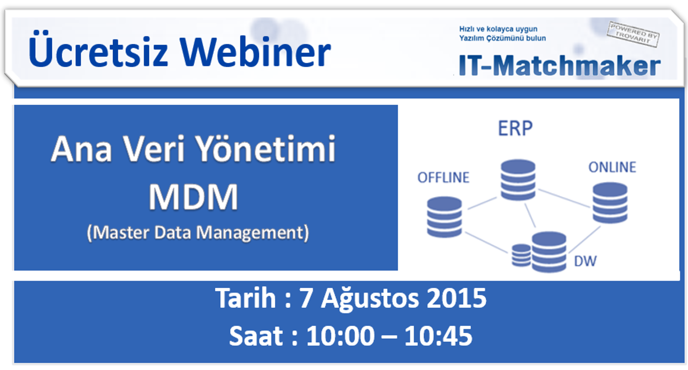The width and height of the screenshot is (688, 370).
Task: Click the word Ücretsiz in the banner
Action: coord(98,49)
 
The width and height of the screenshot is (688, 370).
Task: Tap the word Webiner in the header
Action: coord(255,51)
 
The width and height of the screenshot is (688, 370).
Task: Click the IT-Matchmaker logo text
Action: coord(560,65)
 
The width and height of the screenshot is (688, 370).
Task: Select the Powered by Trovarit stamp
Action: coord(633,34)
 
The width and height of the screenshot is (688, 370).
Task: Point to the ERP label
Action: coord(515,128)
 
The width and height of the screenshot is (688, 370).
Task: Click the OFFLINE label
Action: coord(443,177)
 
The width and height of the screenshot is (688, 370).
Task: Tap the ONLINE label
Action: coord(612,167)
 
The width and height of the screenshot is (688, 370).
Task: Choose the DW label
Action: coord(585,261)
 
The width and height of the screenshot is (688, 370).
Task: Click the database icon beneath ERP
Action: coord(518,180)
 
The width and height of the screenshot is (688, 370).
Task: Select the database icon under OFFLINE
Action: coord(444,217)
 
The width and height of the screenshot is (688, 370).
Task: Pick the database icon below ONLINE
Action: coord(610,203)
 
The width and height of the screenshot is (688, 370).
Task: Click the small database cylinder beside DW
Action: coord(521,255)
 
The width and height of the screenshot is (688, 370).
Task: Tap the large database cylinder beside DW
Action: coord(549,252)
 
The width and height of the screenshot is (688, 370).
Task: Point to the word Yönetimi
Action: coord(266,149)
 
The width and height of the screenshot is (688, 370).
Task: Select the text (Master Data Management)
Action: coord(198,233)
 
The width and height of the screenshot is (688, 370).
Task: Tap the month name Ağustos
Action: coord(370,298)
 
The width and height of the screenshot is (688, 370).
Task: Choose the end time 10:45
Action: coord(438,336)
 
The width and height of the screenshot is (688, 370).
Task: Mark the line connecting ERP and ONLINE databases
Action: coord(564,198)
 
